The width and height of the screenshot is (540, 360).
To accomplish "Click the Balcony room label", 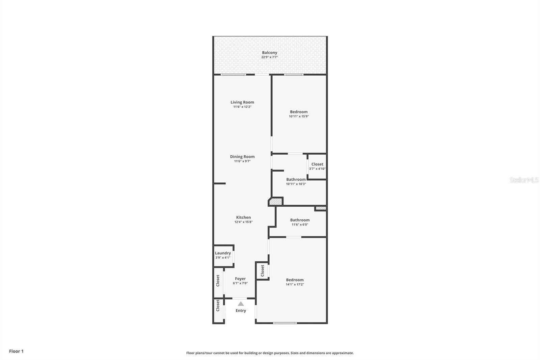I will pyautogui.click(x=269, y=53).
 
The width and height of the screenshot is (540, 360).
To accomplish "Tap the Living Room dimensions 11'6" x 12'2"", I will pyautogui.click(x=242, y=107).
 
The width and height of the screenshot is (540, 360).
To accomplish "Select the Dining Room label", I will pyautogui.click(x=242, y=157).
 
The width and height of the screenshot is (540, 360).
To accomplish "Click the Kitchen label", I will pyautogui.click(x=243, y=217).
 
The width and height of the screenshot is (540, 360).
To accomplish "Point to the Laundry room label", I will pyautogui.click(x=223, y=253).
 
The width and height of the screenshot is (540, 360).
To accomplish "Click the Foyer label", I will pyautogui.click(x=240, y=279).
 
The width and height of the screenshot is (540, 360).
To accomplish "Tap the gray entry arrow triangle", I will pyautogui.click(x=241, y=304).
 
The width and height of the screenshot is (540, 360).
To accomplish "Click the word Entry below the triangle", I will pyautogui.click(x=241, y=311).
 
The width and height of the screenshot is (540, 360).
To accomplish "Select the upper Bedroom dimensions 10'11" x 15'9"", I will pyautogui.click(x=299, y=116).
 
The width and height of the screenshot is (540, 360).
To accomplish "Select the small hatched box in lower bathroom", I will pyautogui.click(x=321, y=208).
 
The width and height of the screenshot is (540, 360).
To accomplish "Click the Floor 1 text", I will pyautogui.click(x=16, y=351).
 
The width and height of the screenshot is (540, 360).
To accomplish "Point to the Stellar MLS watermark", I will pyautogui.click(x=524, y=180).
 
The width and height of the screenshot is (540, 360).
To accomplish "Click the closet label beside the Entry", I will pyautogui.click(x=218, y=306).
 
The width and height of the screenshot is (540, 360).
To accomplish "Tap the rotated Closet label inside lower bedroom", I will pyautogui.click(x=262, y=271).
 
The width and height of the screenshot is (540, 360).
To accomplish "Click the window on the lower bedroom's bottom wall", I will pyautogui.click(x=285, y=323).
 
